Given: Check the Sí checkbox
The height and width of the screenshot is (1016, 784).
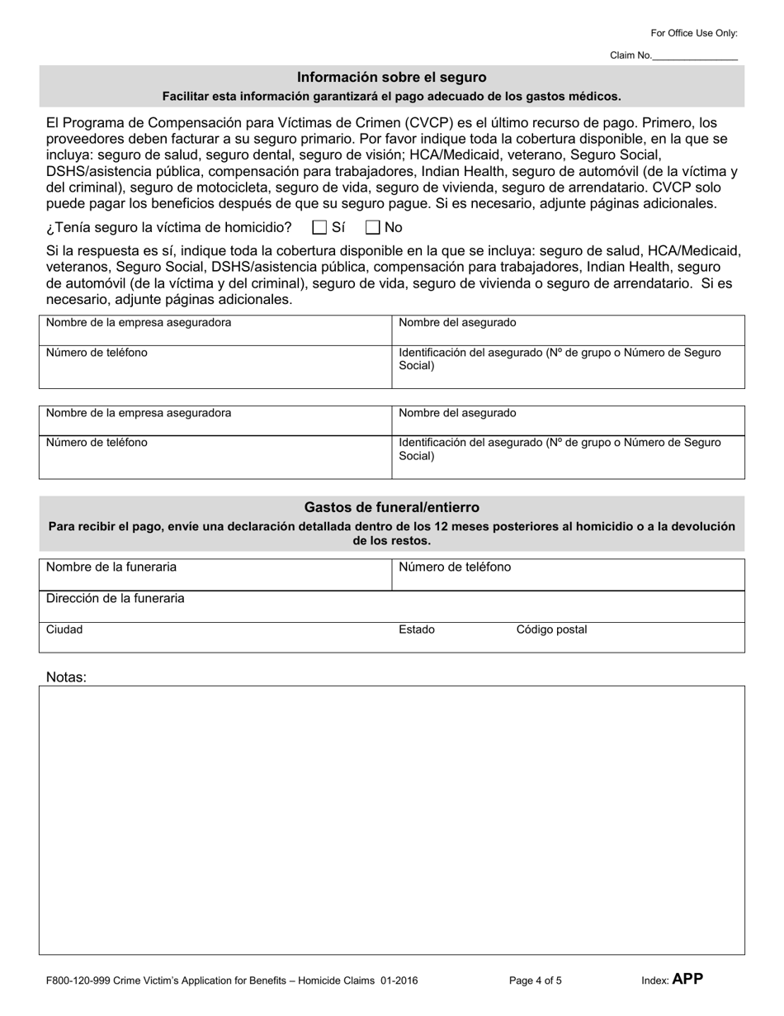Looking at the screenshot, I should click(x=320, y=227).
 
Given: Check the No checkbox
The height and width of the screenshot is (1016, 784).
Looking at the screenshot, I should click(x=373, y=227).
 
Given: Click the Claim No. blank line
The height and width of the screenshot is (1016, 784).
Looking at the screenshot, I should click(x=695, y=55).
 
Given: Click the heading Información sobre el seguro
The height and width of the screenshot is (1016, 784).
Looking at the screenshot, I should click(x=392, y=78).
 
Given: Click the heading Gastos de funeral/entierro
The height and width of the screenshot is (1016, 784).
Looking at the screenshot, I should click(x=392, y=507).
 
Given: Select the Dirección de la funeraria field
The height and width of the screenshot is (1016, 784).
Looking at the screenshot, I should click(x=392, y=606).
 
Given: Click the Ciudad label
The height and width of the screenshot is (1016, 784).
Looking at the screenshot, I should click(x=64, y=629).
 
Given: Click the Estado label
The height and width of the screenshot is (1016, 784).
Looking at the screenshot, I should click(x=417, y=629).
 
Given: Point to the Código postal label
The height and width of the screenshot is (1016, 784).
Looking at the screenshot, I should click(x=551, y=629).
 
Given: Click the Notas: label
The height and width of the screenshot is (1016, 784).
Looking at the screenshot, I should click(x=66, y=677).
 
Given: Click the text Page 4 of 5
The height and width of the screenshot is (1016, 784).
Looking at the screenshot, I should click(x=536, y=981).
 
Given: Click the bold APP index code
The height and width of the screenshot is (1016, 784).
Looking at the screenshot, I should click(x=687, y=980).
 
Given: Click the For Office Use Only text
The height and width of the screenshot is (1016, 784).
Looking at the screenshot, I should click(x=694, y=33).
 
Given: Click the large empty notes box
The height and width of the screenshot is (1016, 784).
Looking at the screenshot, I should click(x=392, y=819).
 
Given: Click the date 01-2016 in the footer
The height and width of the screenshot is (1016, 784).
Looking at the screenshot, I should click(x=399, y=981).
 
